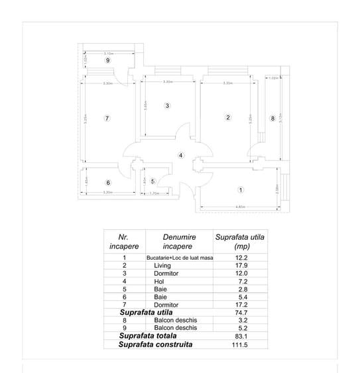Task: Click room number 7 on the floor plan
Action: point(106,118)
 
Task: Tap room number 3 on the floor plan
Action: point(168,106)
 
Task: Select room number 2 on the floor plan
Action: point(227,118)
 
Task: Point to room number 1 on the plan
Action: point(240,190)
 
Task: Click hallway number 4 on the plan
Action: point(180,155)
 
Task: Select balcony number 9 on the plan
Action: point(107,60)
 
